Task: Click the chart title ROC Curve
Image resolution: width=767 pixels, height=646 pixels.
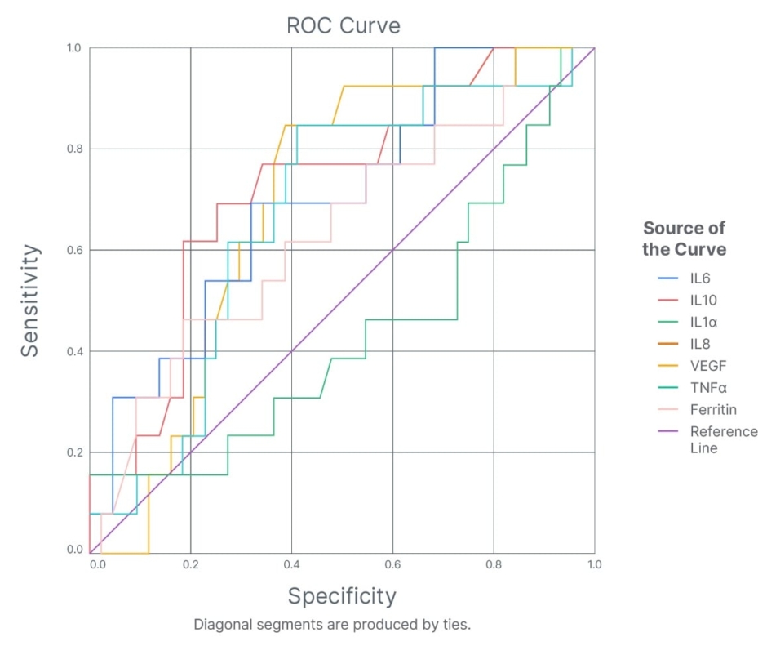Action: (343, 25)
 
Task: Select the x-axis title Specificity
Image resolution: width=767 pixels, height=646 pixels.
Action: (342, 596)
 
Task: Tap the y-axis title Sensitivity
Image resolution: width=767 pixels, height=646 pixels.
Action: (30, 300)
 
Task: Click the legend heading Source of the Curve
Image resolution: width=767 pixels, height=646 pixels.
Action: (684, 238)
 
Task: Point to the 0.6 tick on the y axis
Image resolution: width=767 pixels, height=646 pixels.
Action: (74, 250)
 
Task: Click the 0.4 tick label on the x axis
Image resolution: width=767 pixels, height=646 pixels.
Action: (291, 565)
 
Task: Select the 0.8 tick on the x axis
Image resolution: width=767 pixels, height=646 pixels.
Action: (494, 565)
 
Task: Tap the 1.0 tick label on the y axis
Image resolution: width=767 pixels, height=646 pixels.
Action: (74, 48)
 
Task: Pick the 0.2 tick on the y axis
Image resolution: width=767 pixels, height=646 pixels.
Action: (74, 452)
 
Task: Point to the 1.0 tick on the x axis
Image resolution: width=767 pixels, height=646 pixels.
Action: (594, 565)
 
